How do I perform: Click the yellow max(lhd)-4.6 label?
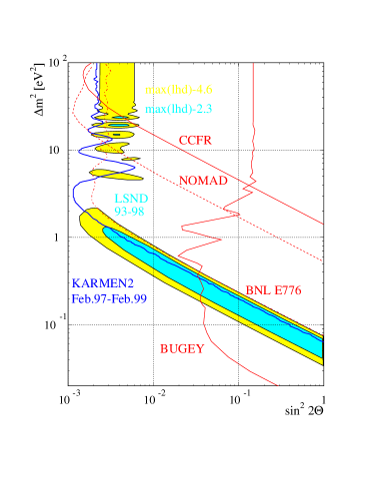[178, 89]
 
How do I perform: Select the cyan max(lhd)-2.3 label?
[178, 108]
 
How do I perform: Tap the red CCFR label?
[195, 141]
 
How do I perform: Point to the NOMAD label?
[203, 181]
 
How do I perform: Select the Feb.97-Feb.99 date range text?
[109, 298]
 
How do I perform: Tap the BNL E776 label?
[273, 290]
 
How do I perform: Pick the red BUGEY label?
[182, 349]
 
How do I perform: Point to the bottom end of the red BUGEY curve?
[277, 384]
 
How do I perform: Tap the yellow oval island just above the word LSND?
[112, 173]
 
